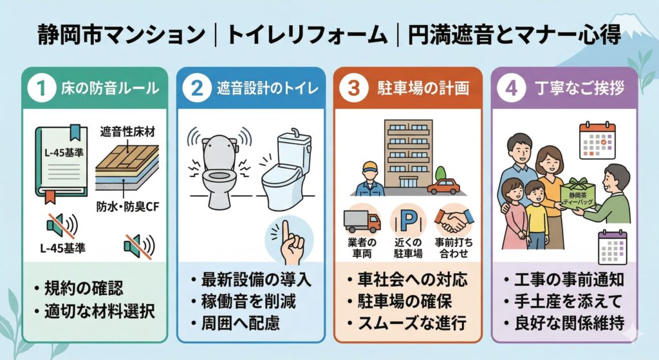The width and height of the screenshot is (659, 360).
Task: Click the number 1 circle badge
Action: [x=41, y=88]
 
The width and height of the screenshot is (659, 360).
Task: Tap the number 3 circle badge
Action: [x=354, y=88]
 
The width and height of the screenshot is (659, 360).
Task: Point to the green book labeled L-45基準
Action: [x=61, y=164]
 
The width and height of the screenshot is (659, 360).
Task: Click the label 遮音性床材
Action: [x=127, y=132]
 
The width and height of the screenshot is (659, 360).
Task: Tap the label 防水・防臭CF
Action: [x=128, y=206]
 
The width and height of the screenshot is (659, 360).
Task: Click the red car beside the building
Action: [x=443, y=186]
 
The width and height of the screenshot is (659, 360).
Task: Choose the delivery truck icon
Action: [x=362, y=220]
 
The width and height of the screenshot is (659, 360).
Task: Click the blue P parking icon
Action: [x=408, y=220]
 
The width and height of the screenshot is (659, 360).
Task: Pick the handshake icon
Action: [x=454, y=220]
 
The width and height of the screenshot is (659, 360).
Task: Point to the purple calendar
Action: [x=613, y=247]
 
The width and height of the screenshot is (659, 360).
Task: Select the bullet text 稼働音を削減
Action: [x=248, y=301]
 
